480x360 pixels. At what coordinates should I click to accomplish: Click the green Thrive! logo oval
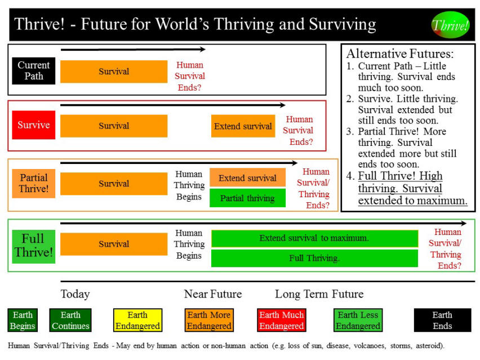point(450,24)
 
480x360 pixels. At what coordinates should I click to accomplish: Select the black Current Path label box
point(34,70)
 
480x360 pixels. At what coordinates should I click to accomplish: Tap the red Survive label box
point(34,125)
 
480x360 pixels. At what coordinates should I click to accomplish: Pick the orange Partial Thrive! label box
point(34,183)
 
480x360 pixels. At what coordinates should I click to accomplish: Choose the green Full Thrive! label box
point(34,246)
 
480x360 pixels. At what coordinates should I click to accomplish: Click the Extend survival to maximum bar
point(314,238)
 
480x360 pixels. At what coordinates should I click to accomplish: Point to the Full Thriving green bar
point(314,258)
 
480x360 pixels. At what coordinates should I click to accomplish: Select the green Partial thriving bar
point(247,198)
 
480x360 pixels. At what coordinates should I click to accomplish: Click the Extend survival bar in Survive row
point(243,126)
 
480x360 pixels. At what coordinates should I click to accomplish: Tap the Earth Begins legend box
point(23,320)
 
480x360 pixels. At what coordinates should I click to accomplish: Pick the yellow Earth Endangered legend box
point(137,320)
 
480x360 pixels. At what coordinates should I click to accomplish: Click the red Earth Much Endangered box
point(281,320)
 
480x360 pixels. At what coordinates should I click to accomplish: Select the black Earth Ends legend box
point(442,320)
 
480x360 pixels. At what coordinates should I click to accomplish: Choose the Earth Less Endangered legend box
point(358,320)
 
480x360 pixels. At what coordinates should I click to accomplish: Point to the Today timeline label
point(75,294)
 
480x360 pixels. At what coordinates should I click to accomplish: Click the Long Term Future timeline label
point(319,294)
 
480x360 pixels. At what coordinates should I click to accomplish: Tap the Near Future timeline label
point(212,294)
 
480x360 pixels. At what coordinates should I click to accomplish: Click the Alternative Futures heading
point(399,54)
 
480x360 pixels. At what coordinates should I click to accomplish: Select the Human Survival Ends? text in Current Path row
point(190,76)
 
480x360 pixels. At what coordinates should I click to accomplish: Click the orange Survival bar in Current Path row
point(114,72)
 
